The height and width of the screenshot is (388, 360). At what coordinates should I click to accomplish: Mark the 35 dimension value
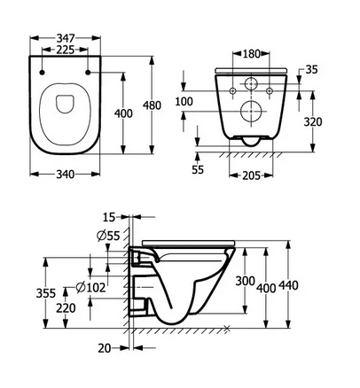(313, 68)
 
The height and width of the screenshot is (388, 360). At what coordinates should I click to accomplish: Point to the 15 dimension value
(108, 216)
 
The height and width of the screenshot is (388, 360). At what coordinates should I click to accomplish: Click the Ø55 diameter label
(108, 235)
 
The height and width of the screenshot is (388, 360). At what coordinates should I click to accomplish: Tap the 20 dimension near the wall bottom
(105, 348)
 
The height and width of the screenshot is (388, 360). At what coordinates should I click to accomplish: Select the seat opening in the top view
(61, 105)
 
